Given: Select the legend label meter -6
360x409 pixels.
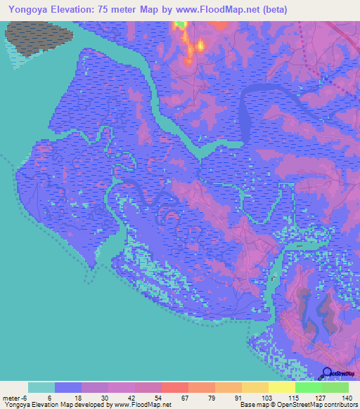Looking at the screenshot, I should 14,397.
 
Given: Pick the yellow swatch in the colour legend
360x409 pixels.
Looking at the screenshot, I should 281,387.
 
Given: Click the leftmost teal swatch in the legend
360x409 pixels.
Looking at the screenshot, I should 41,387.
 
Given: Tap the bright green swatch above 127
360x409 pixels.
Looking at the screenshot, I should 308,387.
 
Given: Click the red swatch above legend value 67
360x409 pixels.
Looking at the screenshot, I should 174,387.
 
